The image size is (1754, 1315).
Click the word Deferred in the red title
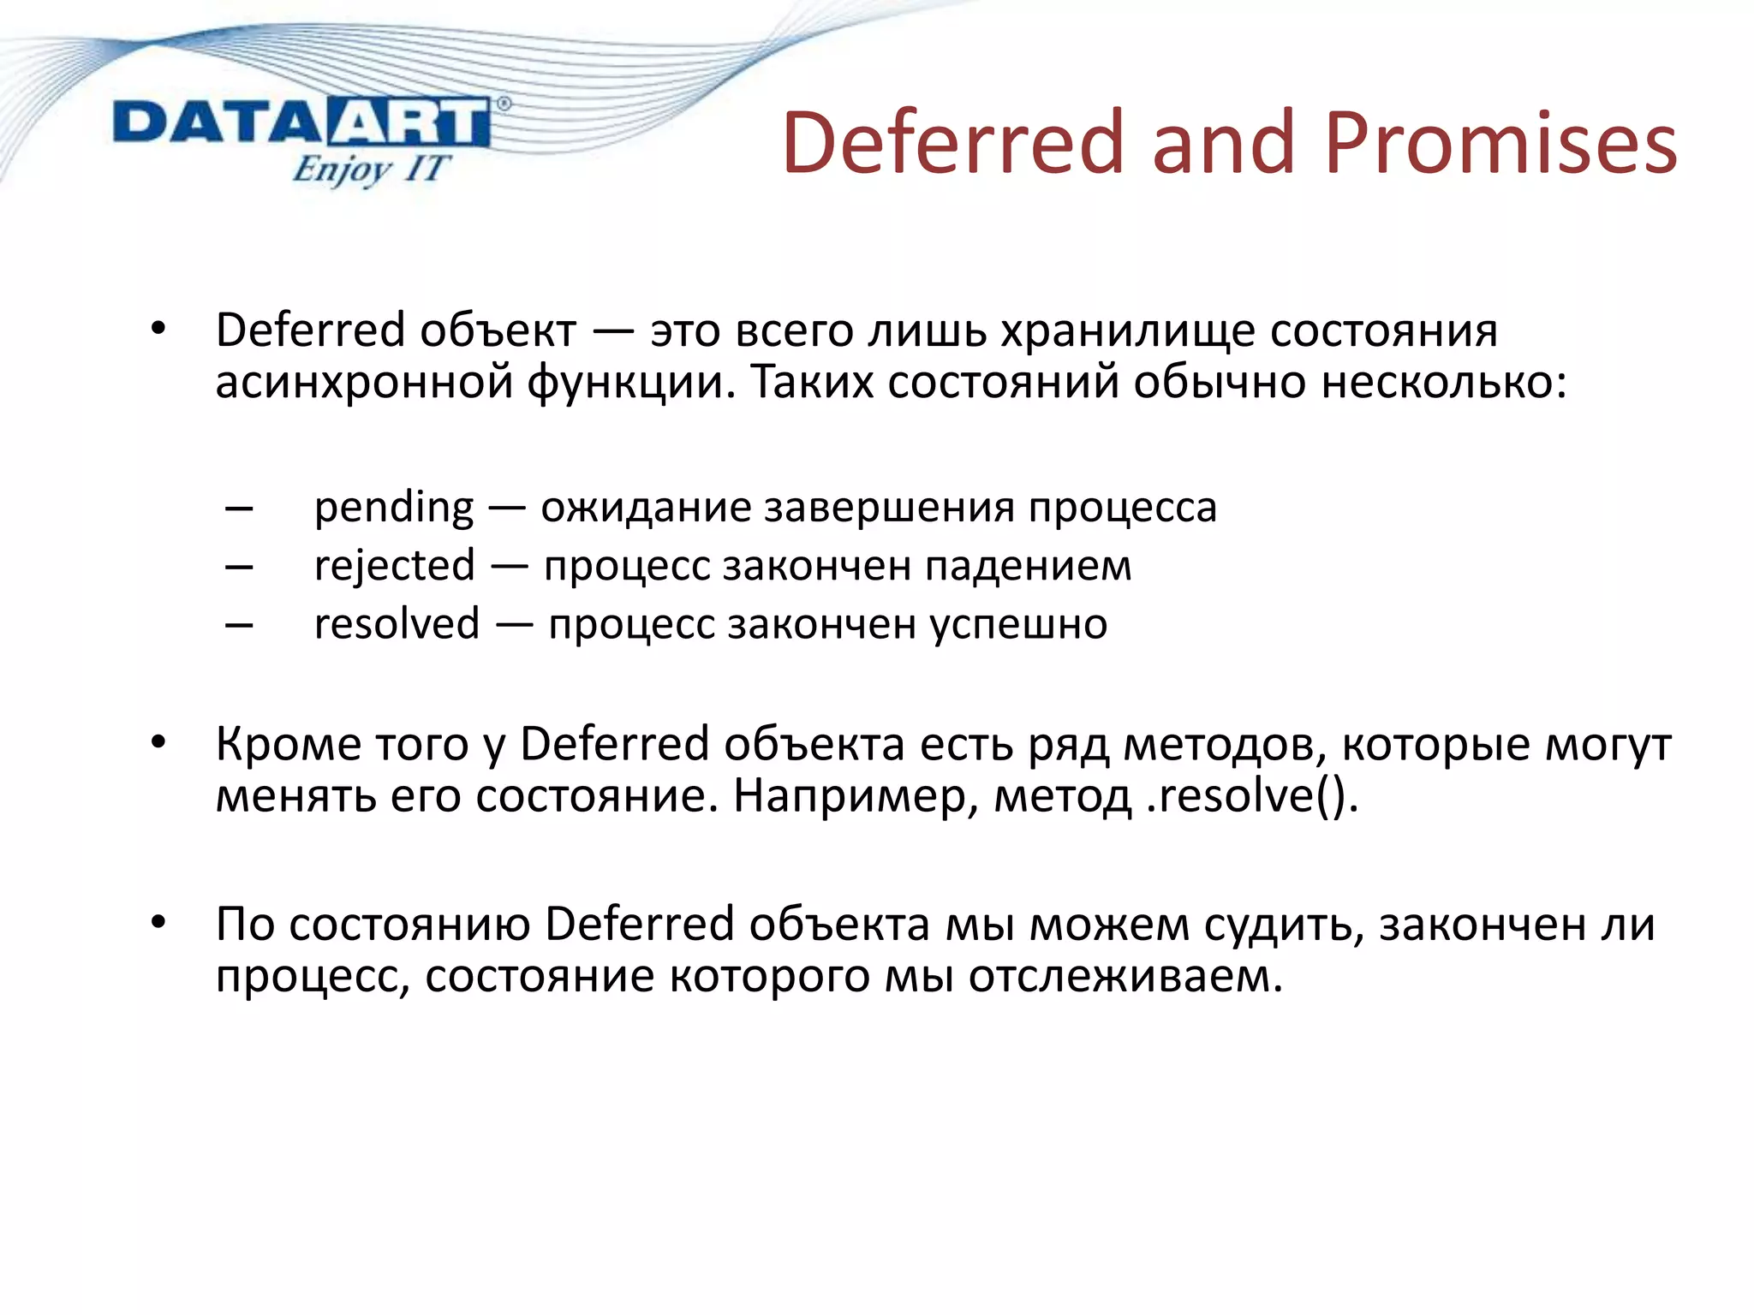(x=952, y=143)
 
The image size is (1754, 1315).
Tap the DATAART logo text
(x=301, y=123)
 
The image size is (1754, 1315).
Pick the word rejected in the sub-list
(x=394, y=567)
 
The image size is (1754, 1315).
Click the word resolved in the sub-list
(x=397, y=624)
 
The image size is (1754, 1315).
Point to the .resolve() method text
(x=1251, y=796)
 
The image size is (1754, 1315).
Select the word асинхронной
(x=363, y=382)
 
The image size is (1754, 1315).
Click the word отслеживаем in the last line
(x=1125, y=976)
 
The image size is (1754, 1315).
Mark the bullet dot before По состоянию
(x=158, y=923)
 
